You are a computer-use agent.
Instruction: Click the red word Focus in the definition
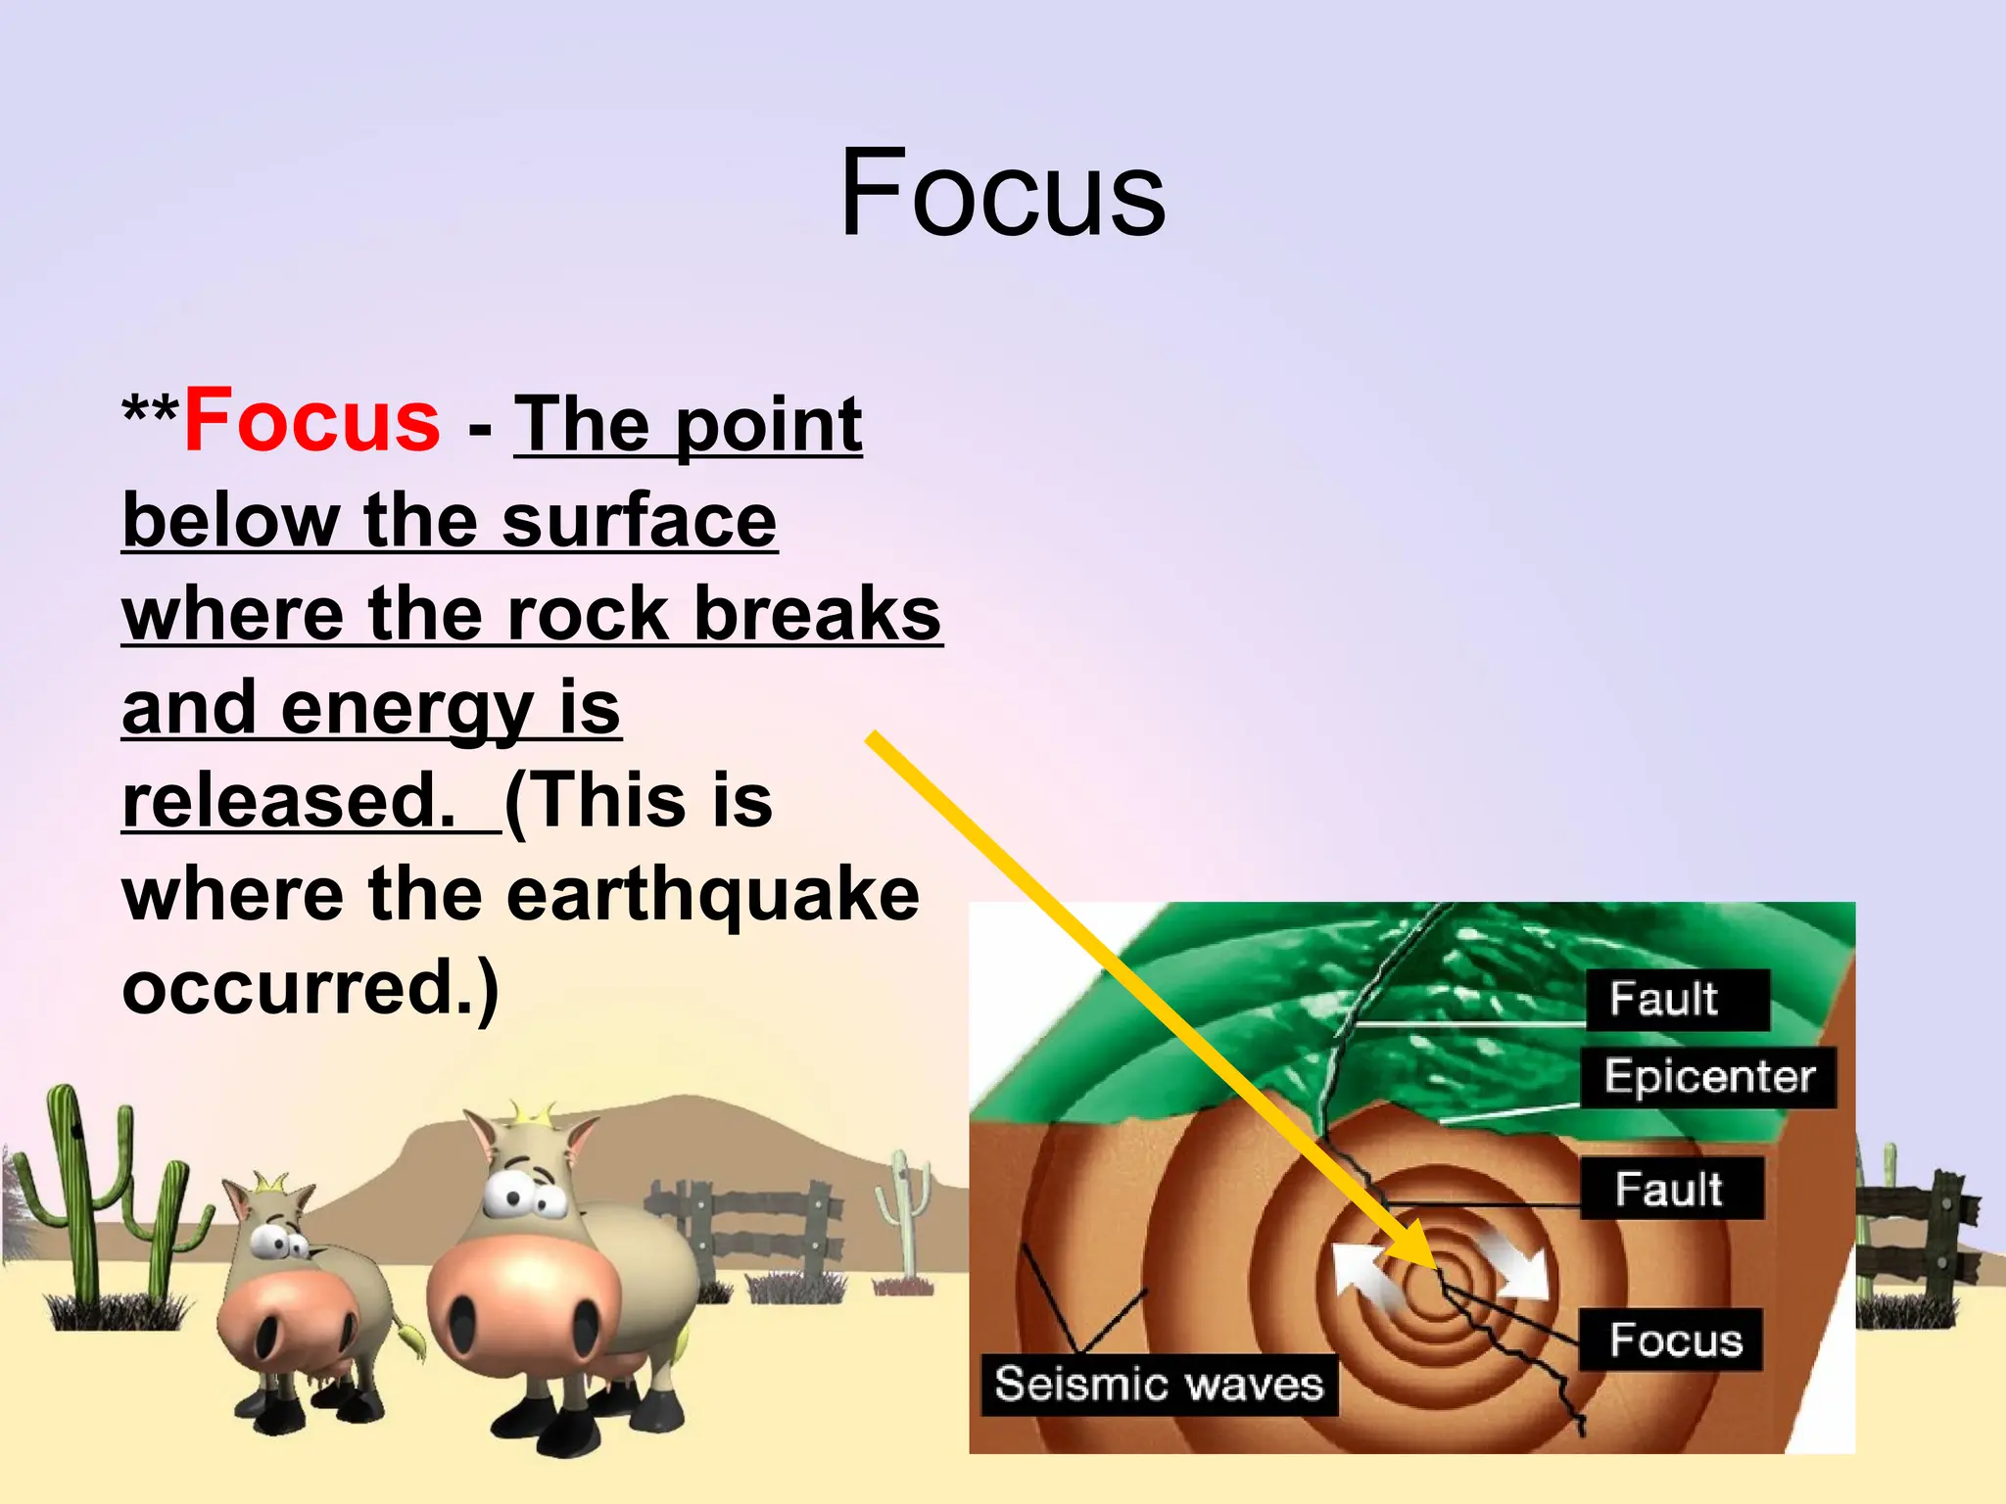(311, 421)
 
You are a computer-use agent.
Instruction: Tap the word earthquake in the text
(713, 895)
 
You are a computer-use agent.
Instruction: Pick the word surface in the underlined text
(639, 521)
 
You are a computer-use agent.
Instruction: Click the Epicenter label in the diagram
(1709, 1077)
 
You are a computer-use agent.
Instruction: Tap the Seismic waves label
(1159, 1385)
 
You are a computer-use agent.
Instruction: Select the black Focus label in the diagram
(1675, 1339)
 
